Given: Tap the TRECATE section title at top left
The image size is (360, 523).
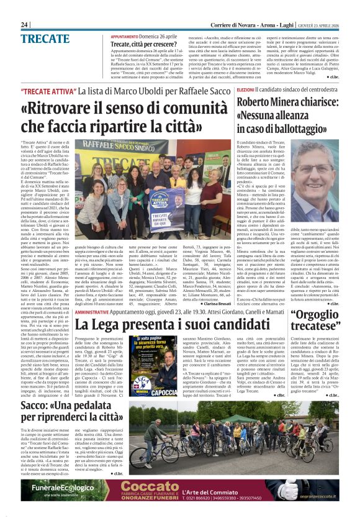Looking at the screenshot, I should pyautogui.click(x=45, y=39).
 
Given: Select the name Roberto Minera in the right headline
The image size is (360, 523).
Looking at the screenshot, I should pyautogui.click(x=251, y=104).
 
